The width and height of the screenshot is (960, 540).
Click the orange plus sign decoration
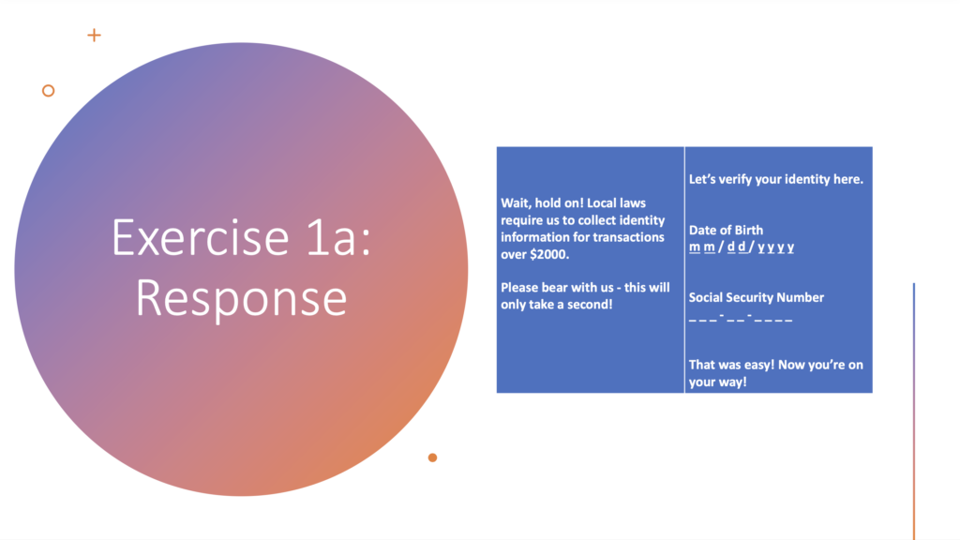pyautogui.click(x=94, y=36)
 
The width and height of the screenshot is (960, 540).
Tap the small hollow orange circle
pyautogui.click(x=49, y=91)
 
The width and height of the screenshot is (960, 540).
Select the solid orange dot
pyautogui.click(x=432, y=457)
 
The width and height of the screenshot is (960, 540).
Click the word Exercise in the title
pyautogui.click(x=201, y=237)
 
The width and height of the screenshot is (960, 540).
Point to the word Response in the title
pyautogui.click(x=241, y=298)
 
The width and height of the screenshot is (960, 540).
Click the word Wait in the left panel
pyautogui.click(x=516, y=203)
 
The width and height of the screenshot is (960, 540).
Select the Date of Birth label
pyautogui.click(x=726, y=231)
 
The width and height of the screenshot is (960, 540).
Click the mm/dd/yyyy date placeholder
pyautogui.click(x=742, y=247)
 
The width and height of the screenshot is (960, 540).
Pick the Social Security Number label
pyautogui.click(x=757, y=297)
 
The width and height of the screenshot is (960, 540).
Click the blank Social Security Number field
pyautogui.click(x=741, y=318)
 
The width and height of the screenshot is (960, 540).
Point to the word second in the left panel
pyautogui.click(x=592, y=305)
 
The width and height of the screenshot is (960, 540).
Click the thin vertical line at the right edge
pyautogui.click(x=913, y=412)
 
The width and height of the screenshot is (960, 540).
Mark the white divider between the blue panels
pyautogui.click(x=684, y=270)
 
